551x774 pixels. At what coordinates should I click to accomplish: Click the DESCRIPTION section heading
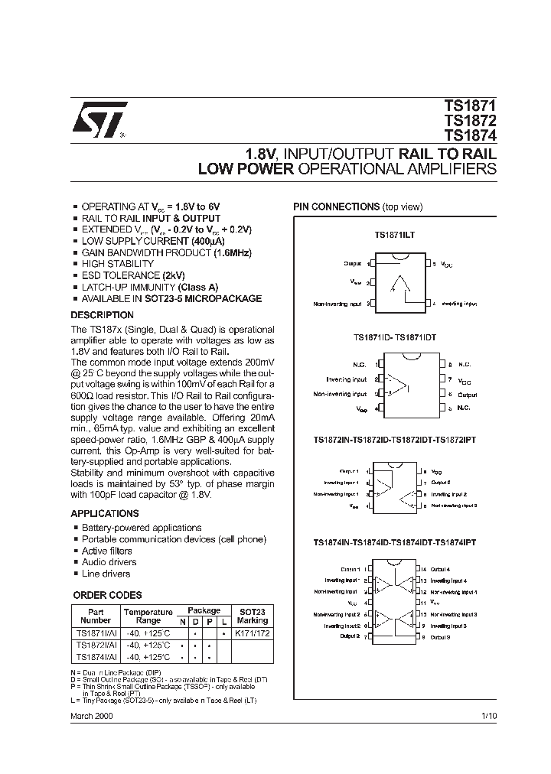tap(102, 315)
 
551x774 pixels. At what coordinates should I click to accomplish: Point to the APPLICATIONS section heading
tap(105, 513)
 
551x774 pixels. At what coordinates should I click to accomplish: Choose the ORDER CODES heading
tap(107, 595)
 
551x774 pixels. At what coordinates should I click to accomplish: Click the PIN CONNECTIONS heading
tap(337, 207)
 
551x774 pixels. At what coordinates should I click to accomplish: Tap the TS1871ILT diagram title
tap(394, 235)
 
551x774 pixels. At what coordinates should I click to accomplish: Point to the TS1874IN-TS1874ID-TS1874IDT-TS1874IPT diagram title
tap(394, 542)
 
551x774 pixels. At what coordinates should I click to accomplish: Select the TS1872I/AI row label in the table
tap(96, 646)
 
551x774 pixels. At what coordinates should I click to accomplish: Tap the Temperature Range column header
tap(148, 616)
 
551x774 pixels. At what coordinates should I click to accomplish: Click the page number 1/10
tap(488, 714)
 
